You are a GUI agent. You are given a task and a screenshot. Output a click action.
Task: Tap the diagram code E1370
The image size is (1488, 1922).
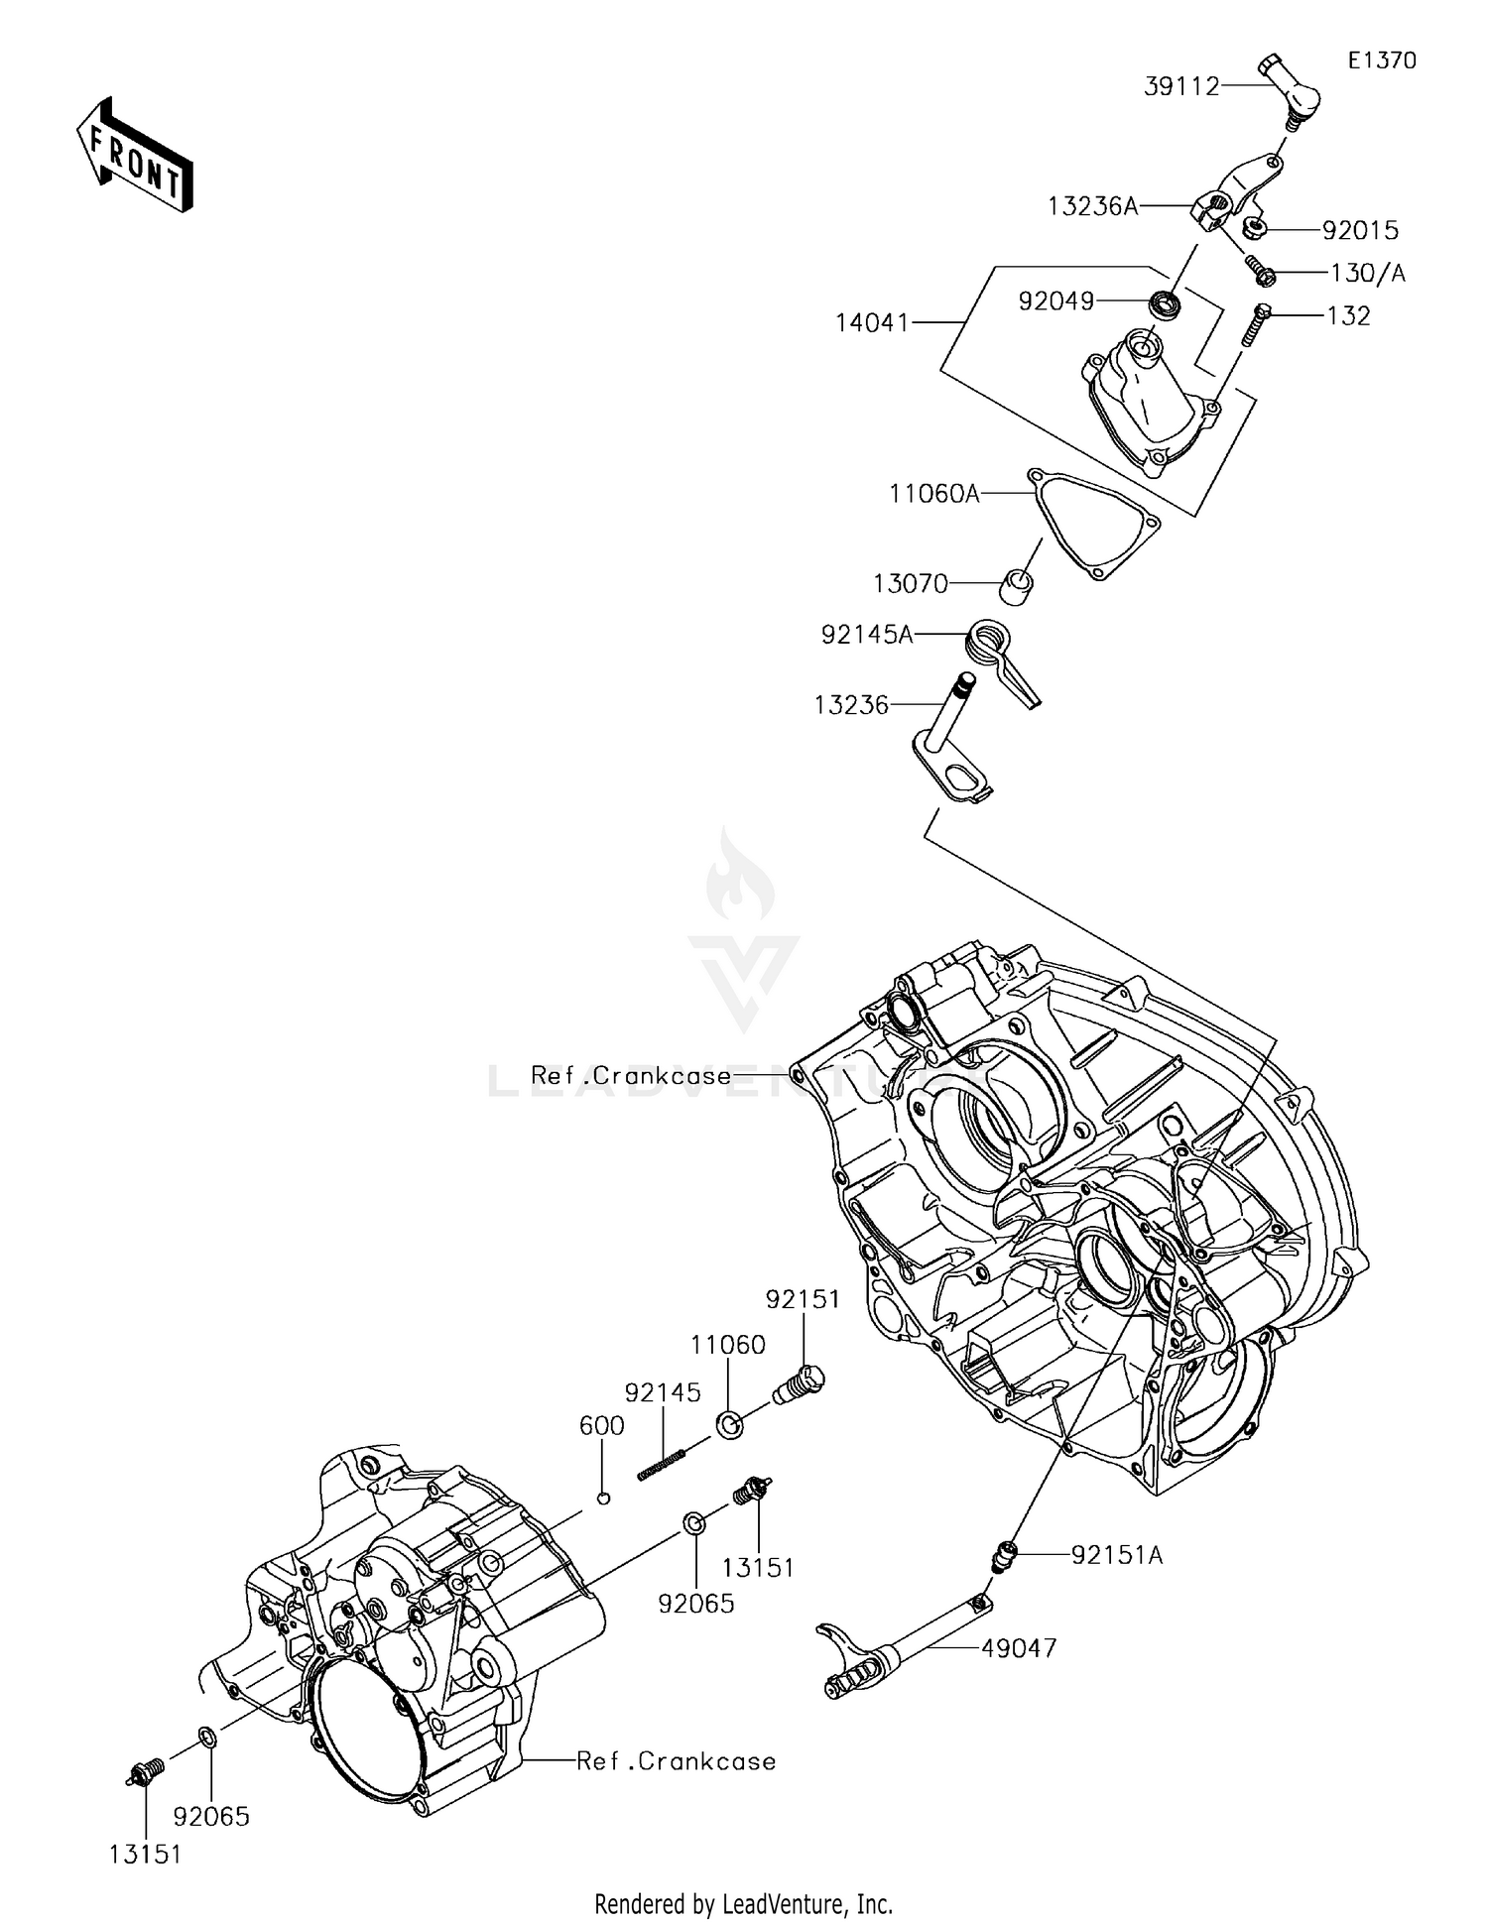[1381, 60]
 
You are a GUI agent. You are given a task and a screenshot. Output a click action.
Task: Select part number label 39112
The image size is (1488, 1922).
[1181, 86]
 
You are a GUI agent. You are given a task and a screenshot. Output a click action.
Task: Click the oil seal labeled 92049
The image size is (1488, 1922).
[1165, 303]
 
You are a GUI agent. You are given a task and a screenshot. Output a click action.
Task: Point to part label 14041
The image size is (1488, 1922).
[872, 322]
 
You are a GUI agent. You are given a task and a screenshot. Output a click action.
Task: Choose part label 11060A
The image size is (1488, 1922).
[933, 493]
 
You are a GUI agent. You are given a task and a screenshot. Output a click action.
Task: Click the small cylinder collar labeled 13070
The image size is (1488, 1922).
[1016, 585]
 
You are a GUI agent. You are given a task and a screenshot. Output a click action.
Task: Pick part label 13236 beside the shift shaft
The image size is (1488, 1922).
[851, 705]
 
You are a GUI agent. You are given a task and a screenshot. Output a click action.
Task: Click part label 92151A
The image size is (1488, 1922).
[1116, 1555]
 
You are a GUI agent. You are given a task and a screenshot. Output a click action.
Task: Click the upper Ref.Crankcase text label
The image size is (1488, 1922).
[631, 1075]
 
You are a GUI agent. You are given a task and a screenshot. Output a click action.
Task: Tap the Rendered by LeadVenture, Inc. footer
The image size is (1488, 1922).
[743, 1903]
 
